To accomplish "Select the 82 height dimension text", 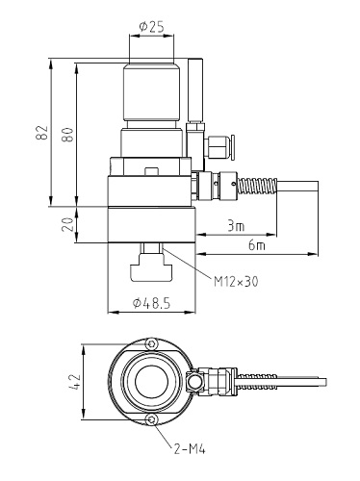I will click(40, 134).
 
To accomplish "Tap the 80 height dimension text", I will click(67, 134).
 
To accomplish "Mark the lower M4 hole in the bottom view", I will click(149, 420).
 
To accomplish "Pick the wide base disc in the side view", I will click(152, 214).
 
